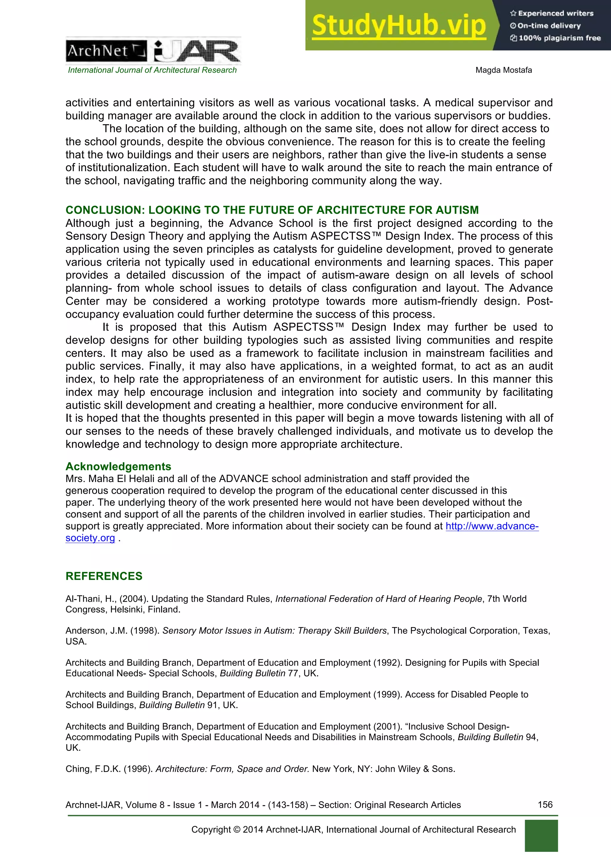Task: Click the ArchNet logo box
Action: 107,51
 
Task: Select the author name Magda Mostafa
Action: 503,70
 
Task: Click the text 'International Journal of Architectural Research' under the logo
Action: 152,70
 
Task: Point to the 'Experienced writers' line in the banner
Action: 552,13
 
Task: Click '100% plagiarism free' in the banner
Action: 556,38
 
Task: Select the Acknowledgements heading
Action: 118,467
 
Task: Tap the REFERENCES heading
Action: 104,576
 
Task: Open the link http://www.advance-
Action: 492,526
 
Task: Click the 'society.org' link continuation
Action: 90,538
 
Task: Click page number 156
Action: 545,805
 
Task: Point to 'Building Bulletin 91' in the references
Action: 177,705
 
